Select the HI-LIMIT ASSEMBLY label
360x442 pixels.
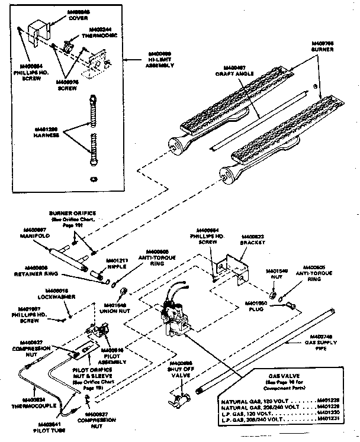click(x=159, y=62)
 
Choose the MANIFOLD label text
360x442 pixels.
click(x=34, y=235)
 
